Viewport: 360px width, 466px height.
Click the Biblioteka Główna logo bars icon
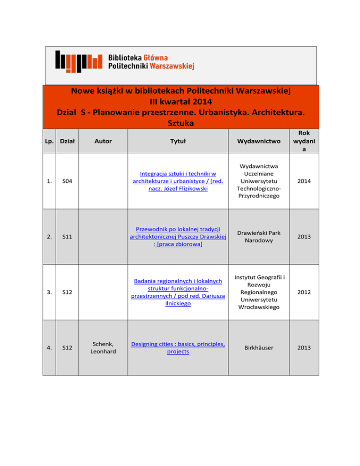point(78,60)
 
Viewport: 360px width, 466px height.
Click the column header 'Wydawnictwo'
point(258,141)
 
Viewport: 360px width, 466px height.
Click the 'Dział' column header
point(67,141)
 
